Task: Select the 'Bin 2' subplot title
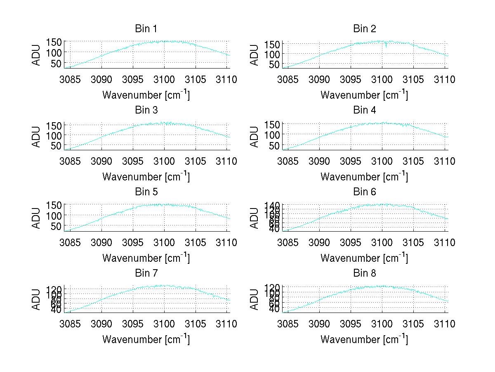click(365, 29)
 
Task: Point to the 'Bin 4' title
click(365, 110)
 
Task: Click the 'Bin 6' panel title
click(365, 192)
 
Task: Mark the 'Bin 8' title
click(365, 273)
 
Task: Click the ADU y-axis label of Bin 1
click(37, 54)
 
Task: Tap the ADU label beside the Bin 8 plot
click(255, 299)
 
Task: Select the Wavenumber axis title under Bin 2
click(364, 95)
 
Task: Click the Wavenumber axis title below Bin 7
click(146, 339)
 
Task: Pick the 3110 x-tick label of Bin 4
click(444, 161)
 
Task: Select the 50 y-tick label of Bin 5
click(57, 226)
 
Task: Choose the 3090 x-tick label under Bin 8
click(319, 324)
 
